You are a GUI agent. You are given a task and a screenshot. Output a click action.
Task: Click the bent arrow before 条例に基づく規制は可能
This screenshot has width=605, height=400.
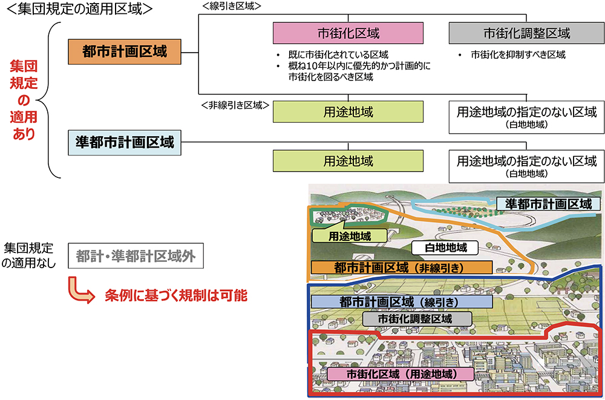click(80, 290)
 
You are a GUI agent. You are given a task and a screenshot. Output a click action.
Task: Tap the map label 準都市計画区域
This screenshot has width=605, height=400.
click(548, 204)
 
